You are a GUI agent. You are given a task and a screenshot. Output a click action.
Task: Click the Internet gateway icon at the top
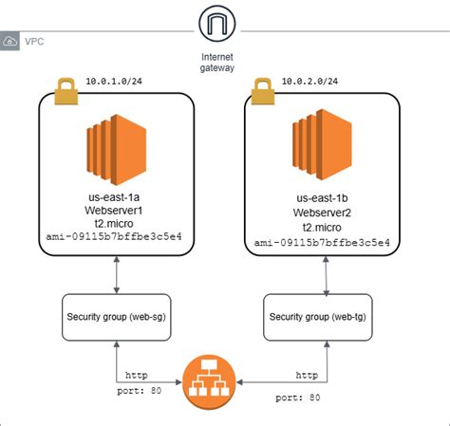point(217,25)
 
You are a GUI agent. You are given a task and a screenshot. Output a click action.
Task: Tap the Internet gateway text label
point(217,62)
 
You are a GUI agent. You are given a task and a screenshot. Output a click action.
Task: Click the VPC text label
point(34,42)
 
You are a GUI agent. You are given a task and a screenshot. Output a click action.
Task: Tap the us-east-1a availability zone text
point(114,196)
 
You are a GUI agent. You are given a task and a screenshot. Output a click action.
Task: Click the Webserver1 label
point(114,211)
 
